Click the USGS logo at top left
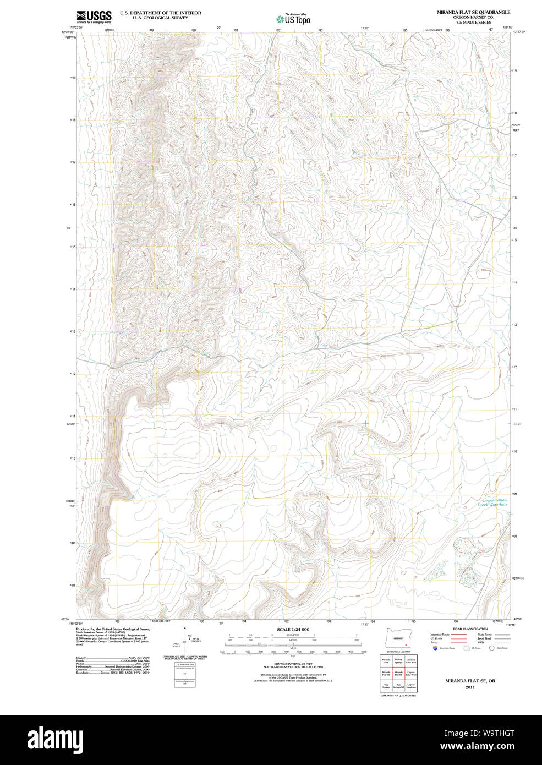tap(94, 17)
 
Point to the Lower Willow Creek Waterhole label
tap(491, 502)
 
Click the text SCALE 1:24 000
tap(293, 629)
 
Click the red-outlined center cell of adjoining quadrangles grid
tap(398, 673)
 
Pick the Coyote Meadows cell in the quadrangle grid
tap(411, 686)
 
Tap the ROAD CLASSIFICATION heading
tap(470, 629)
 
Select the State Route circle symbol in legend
tap(492, 648)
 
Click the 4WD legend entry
tap(481, 642)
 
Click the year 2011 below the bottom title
tap(470, 687)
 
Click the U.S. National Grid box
tap(184, 674)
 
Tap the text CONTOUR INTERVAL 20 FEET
tap(293, 664)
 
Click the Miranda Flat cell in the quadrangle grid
tap(386, 660)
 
